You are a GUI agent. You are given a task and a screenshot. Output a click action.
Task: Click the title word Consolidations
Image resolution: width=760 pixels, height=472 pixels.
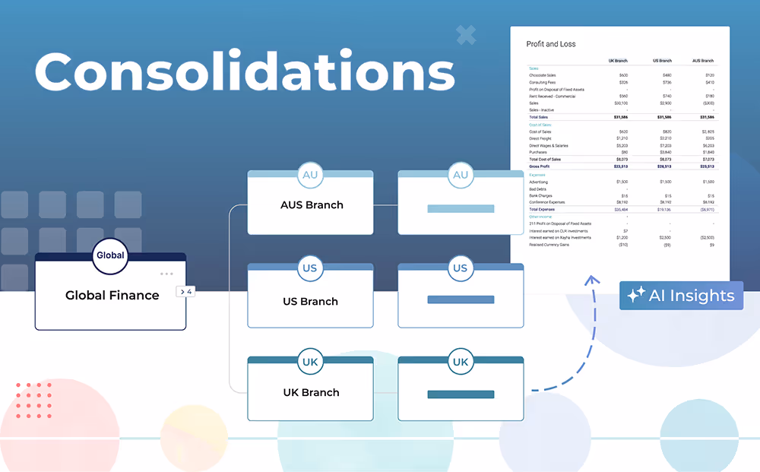click(x=244, y=74)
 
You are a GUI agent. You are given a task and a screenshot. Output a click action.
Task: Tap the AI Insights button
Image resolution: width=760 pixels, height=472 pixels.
click(x=681, y=296)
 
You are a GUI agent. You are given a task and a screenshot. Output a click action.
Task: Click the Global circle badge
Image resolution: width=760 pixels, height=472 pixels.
click(x=110, y=256)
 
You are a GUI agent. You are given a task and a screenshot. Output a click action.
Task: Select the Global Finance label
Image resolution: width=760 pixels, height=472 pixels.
click(x=112, y=295)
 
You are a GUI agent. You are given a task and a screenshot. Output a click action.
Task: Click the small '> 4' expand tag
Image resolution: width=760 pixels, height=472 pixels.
click(x=185, y=291)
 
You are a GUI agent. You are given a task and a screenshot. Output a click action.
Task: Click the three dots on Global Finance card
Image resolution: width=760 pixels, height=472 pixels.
click(x=166, y=274)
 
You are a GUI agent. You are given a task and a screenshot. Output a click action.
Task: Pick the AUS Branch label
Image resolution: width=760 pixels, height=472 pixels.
click(x=312, y=204)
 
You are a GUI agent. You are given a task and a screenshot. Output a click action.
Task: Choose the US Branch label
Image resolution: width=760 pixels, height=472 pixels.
click(x=310, y=301)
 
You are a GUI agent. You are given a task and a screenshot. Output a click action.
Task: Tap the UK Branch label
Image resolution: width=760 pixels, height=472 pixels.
click(x=310, y=392)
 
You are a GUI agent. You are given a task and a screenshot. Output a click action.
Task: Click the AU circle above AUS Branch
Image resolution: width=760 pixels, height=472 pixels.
click(x=310, y=176)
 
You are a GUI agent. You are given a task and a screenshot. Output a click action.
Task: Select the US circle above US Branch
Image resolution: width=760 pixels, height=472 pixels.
click(x=310, y=268)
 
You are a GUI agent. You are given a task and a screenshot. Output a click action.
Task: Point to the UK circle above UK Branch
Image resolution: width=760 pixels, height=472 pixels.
click(x=310, y=362)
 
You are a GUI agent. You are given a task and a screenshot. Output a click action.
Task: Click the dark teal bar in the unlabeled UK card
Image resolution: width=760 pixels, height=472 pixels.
click(x=461, y=394)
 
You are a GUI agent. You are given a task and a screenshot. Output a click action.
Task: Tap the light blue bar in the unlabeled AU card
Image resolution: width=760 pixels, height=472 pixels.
click(x=461, y=208)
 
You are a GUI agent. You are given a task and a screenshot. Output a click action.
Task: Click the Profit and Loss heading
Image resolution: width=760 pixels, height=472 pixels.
click(x=551, y=44)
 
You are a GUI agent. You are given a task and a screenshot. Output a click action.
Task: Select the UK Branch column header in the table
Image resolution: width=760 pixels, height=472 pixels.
click(x=618, y=60)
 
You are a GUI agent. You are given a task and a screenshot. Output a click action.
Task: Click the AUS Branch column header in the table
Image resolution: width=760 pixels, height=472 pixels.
click(x=702, y=60)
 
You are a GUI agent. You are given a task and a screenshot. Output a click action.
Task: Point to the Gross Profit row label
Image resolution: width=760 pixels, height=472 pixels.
click(x=540, y=166)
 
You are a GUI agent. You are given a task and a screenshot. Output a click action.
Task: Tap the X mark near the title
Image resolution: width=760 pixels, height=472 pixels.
click(x=466, y=34)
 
